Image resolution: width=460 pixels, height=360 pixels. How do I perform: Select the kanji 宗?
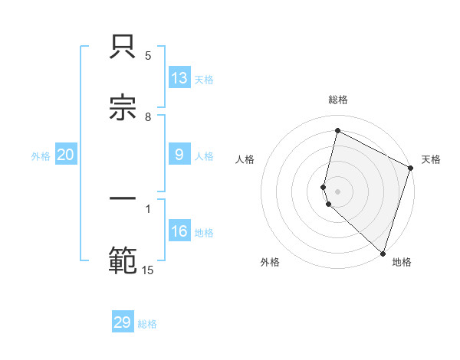(123, 110)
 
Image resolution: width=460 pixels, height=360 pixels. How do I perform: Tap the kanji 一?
(123, 200)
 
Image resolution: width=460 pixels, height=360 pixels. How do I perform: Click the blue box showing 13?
(179, 78)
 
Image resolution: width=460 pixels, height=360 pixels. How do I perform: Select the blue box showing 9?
(179, 155)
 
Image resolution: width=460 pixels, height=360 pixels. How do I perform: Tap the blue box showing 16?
(179, 231)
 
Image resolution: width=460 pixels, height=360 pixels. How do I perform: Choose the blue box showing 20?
(66, 155)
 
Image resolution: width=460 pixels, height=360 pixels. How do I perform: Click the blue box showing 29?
(123, 322)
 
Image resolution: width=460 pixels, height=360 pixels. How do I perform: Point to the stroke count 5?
(148, 56)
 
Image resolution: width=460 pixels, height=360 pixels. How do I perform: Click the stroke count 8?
(148, 117)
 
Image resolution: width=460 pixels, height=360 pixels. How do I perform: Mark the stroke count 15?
(148, 270)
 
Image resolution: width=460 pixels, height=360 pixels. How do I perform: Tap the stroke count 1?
(148, 208)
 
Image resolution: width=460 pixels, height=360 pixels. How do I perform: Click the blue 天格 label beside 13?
(204, 80)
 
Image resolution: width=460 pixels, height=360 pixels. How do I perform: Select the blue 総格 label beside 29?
(147, 324)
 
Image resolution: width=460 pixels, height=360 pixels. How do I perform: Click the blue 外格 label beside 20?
(41, 156)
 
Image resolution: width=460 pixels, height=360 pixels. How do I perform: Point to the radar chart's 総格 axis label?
(338, 100)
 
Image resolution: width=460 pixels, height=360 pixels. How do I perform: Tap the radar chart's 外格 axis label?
(270, 263)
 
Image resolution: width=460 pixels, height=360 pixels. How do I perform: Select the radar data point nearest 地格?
(383, 252)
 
